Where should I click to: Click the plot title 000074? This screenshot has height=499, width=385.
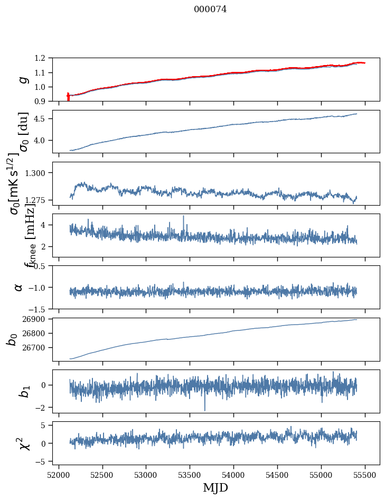210,10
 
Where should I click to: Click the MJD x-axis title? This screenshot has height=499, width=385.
215,487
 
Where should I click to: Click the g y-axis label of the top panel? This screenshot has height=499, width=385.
22,79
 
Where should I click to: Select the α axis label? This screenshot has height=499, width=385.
19,287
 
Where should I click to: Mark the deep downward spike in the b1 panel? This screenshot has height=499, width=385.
204,409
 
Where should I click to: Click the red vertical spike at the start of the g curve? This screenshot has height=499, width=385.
68,97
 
